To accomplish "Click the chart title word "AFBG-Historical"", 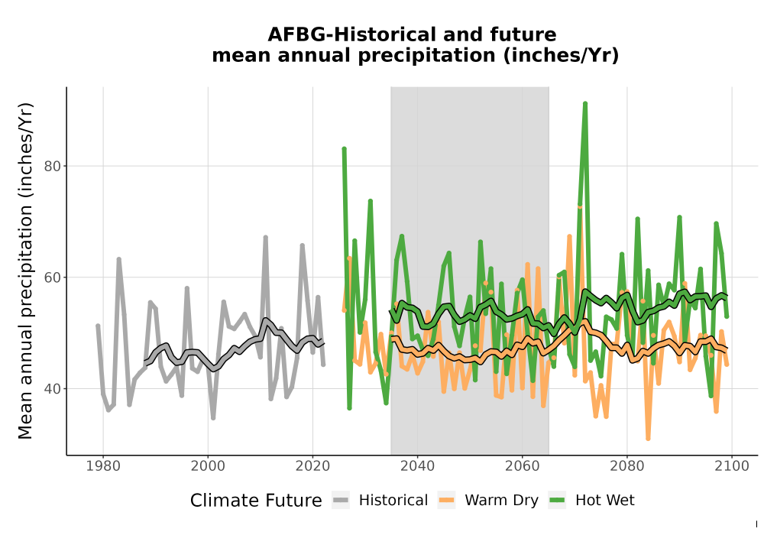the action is pyautogui.click(x=346, y=35).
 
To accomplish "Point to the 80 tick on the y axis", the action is pyautogui.click(x=53, y=166).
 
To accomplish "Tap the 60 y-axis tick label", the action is pyautogui.click(x=53, y=277).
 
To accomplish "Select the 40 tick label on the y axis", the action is pyautogui.click(x=53, y=389).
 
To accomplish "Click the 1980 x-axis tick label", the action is pyautogui.click(x=103, y=466).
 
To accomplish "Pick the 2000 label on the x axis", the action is pyautogui.click(x=208, y=466).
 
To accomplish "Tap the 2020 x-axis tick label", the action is pyautogui.click(x=312, y=466).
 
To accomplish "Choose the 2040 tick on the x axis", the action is pyautogui.click(x=418, y=466).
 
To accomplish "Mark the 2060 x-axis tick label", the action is pyautogui.click(x=523, y=466).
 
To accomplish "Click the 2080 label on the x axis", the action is pyautogui.click(x=627, y=466).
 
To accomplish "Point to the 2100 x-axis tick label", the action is pyautogui.click(x=732, y=466).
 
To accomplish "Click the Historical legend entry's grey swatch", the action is pyautogui.click(x=341, y=501).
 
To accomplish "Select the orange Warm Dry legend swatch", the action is pyautogui.click(x=446, y=501).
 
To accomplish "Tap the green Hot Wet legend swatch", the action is pyautogui.click(x=557, y=501).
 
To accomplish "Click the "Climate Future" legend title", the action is pyautogui.click(x=256, y=501).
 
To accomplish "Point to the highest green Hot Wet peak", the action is pyautogui.click(x=585, y=103).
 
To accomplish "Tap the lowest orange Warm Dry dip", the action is pyautogui.click(x=648, y=439).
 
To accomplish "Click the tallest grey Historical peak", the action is pyautogui.click(x=266, y=237).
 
